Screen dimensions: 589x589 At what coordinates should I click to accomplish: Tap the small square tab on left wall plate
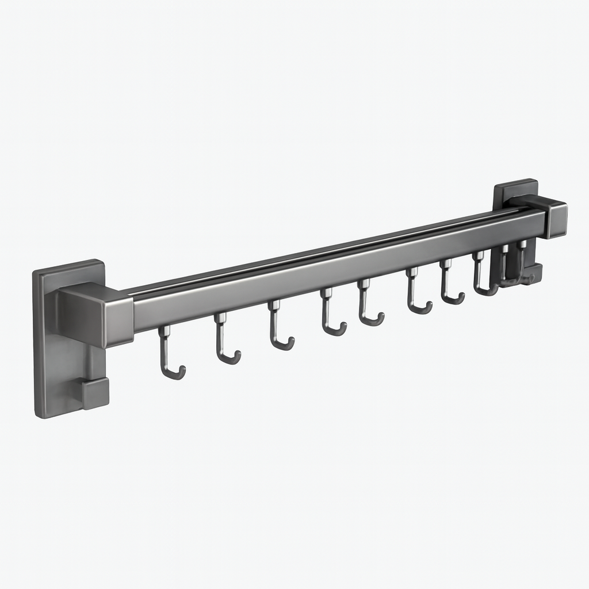coord(94,393)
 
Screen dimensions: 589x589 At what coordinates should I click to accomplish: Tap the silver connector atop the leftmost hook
coord(165,331)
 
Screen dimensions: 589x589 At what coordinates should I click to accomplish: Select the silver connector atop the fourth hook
coord(326,293)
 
